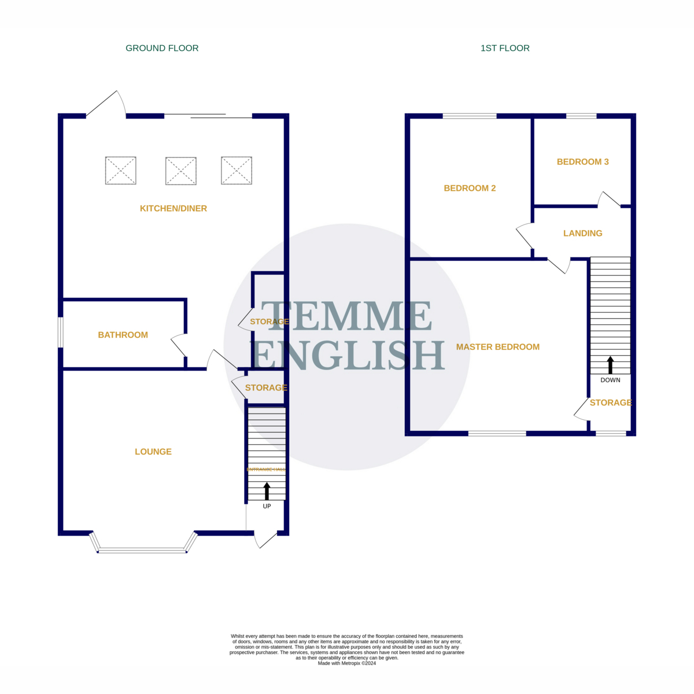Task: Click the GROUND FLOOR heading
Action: pyautogui.click(x=162, y=48)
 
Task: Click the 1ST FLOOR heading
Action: pyautogui.click(x=505, y=48)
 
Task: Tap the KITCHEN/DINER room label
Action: pyautogui.click(x=173, y=208)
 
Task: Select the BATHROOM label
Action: pyautogui.click(x=123, y=335)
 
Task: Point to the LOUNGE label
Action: pyautogui.click(x=153, y=452)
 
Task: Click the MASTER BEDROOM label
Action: pyautogui.click(x=498, y=347)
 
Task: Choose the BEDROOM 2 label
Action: pyautogui.click(x=470, y=188)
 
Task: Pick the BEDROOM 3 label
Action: pyautogui.click(x=582, y=162)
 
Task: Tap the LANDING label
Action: pyautogui.click(x=582, y=233)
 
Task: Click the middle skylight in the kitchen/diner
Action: pyautogui.click(x=180, y=171)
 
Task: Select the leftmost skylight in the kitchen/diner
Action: pyautogui.click(x=120, y=171)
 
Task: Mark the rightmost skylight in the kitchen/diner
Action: pyautogui.click(x=237, y=171)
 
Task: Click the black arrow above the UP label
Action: pyautogui.click(x=267, y=491)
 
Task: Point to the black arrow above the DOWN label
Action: pyautogui.click(x=610, y=365)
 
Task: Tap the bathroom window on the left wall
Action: pyautogui.click(x=60, y=333)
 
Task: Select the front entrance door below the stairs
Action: pyautogui.click(x=265, y=540)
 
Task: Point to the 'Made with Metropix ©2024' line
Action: pyautogui.click(x=347, y=663)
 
